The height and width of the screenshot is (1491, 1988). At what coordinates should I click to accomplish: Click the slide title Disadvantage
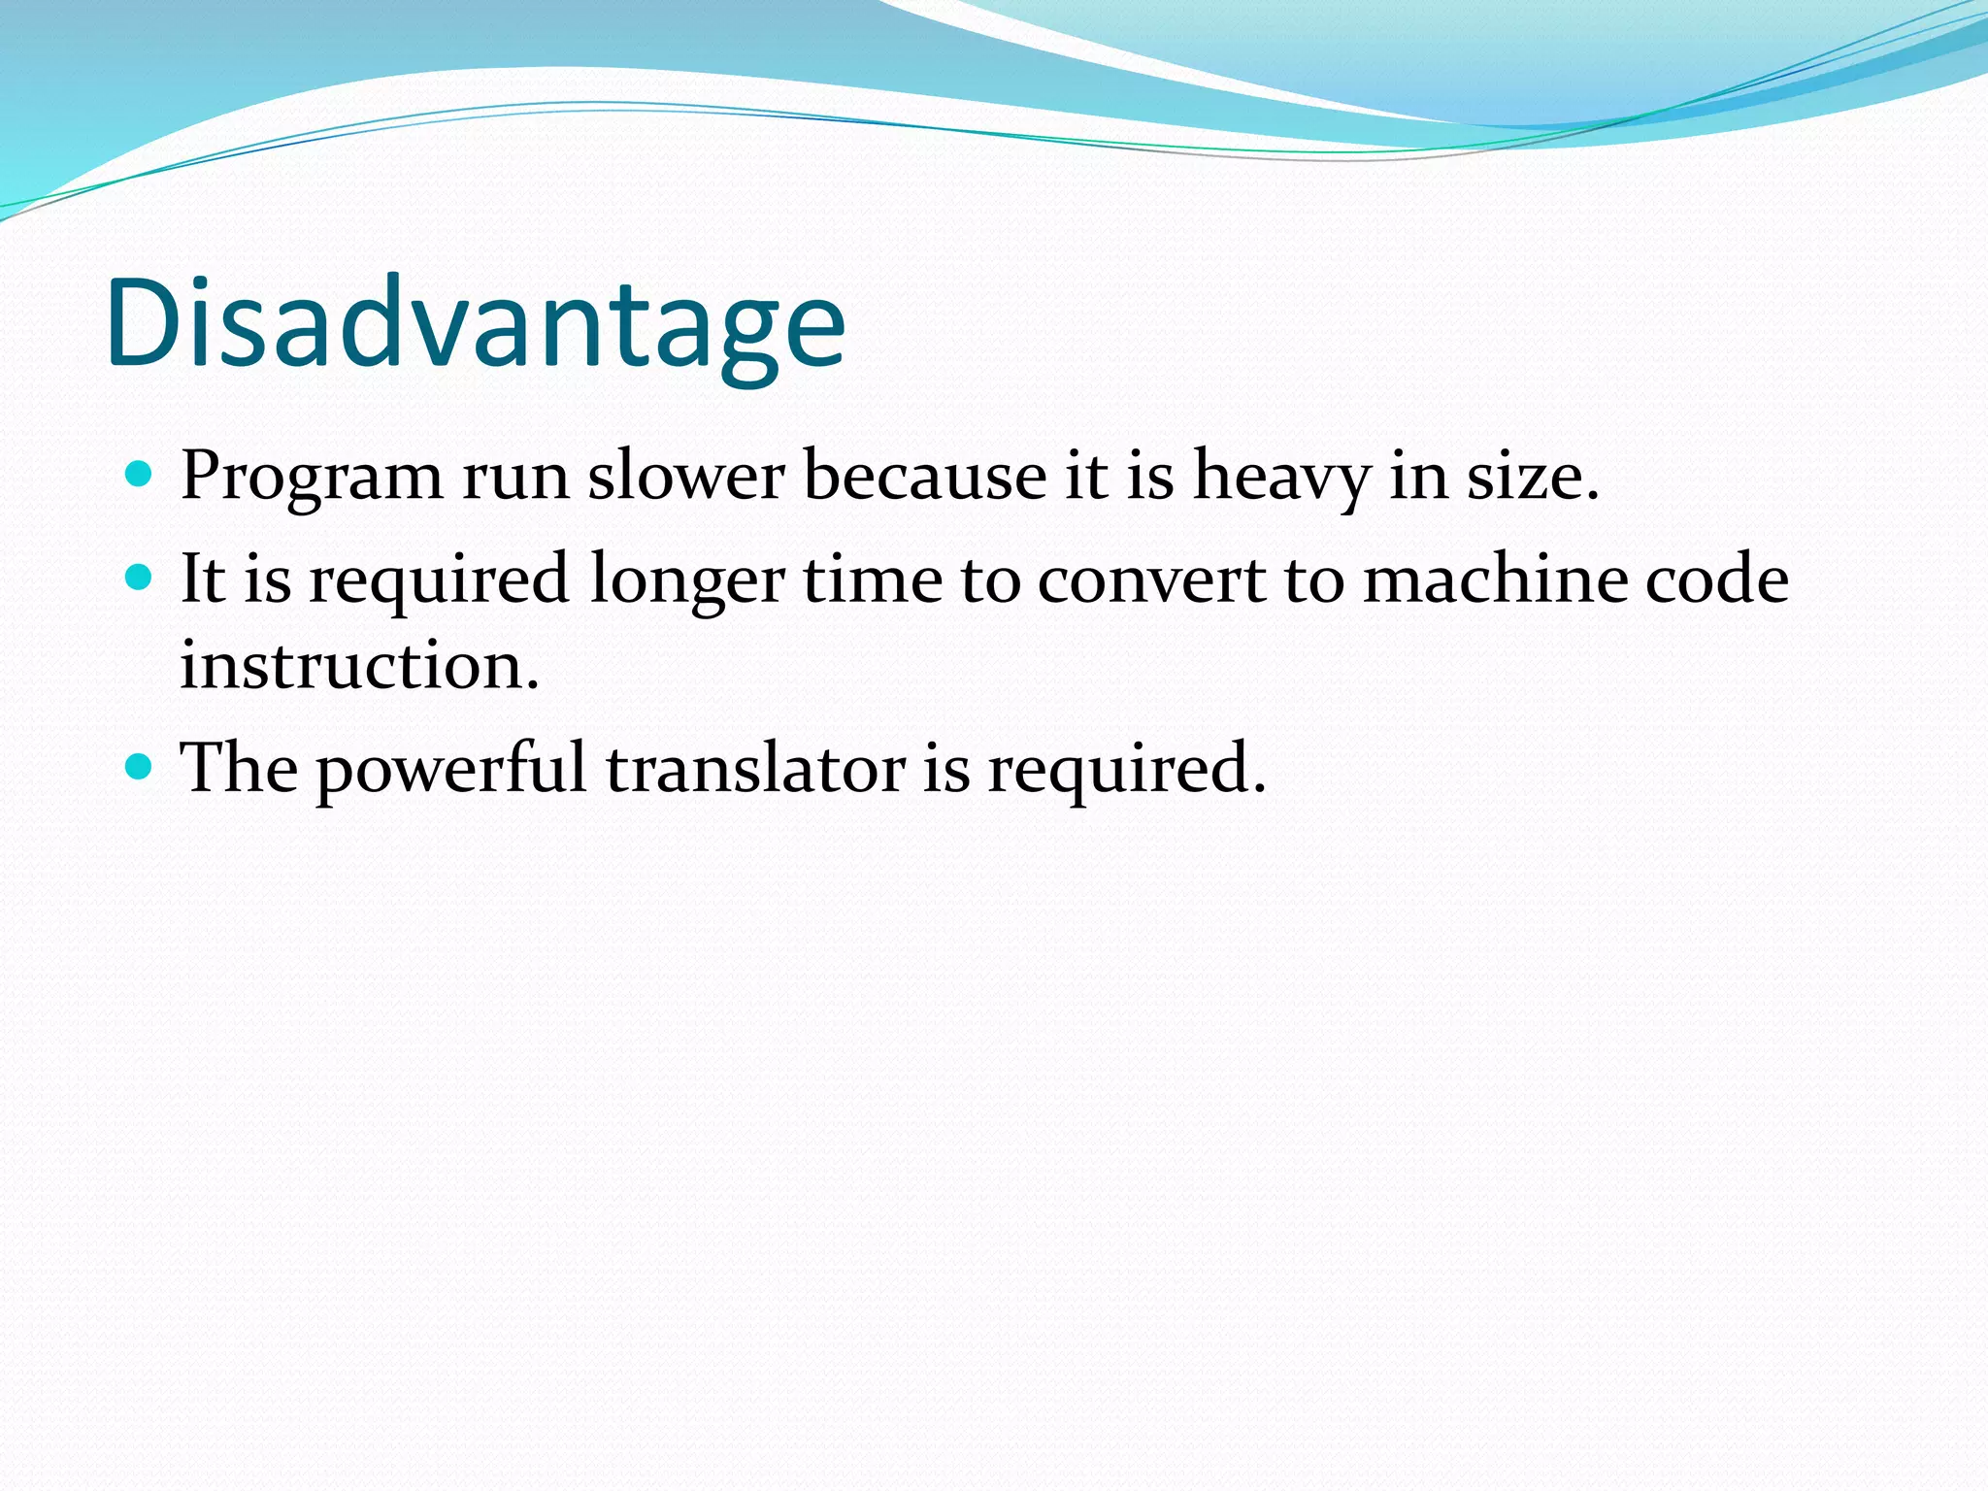(x=476, y=323)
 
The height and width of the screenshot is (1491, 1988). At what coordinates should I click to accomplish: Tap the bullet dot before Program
(x=140, y=475)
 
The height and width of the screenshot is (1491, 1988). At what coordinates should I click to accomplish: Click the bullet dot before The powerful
(x=140, y=768)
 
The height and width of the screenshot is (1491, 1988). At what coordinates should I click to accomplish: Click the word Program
(x=311, y=479)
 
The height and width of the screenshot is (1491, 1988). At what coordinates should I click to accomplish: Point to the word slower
(x=685, y=477)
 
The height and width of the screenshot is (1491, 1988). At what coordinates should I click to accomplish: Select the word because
(x=924, y=477)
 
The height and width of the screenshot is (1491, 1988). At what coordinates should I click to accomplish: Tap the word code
(x=1716, y=580)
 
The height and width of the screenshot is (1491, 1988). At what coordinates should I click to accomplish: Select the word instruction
(x=359, y=666)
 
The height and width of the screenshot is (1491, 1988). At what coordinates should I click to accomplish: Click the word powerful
(x=451, y=770)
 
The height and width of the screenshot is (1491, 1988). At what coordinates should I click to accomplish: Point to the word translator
(x=755, y=768)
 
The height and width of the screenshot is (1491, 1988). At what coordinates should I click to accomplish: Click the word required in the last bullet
(x=1126, y=770)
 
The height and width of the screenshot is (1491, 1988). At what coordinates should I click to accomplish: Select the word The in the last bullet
(x=239, y=768)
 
